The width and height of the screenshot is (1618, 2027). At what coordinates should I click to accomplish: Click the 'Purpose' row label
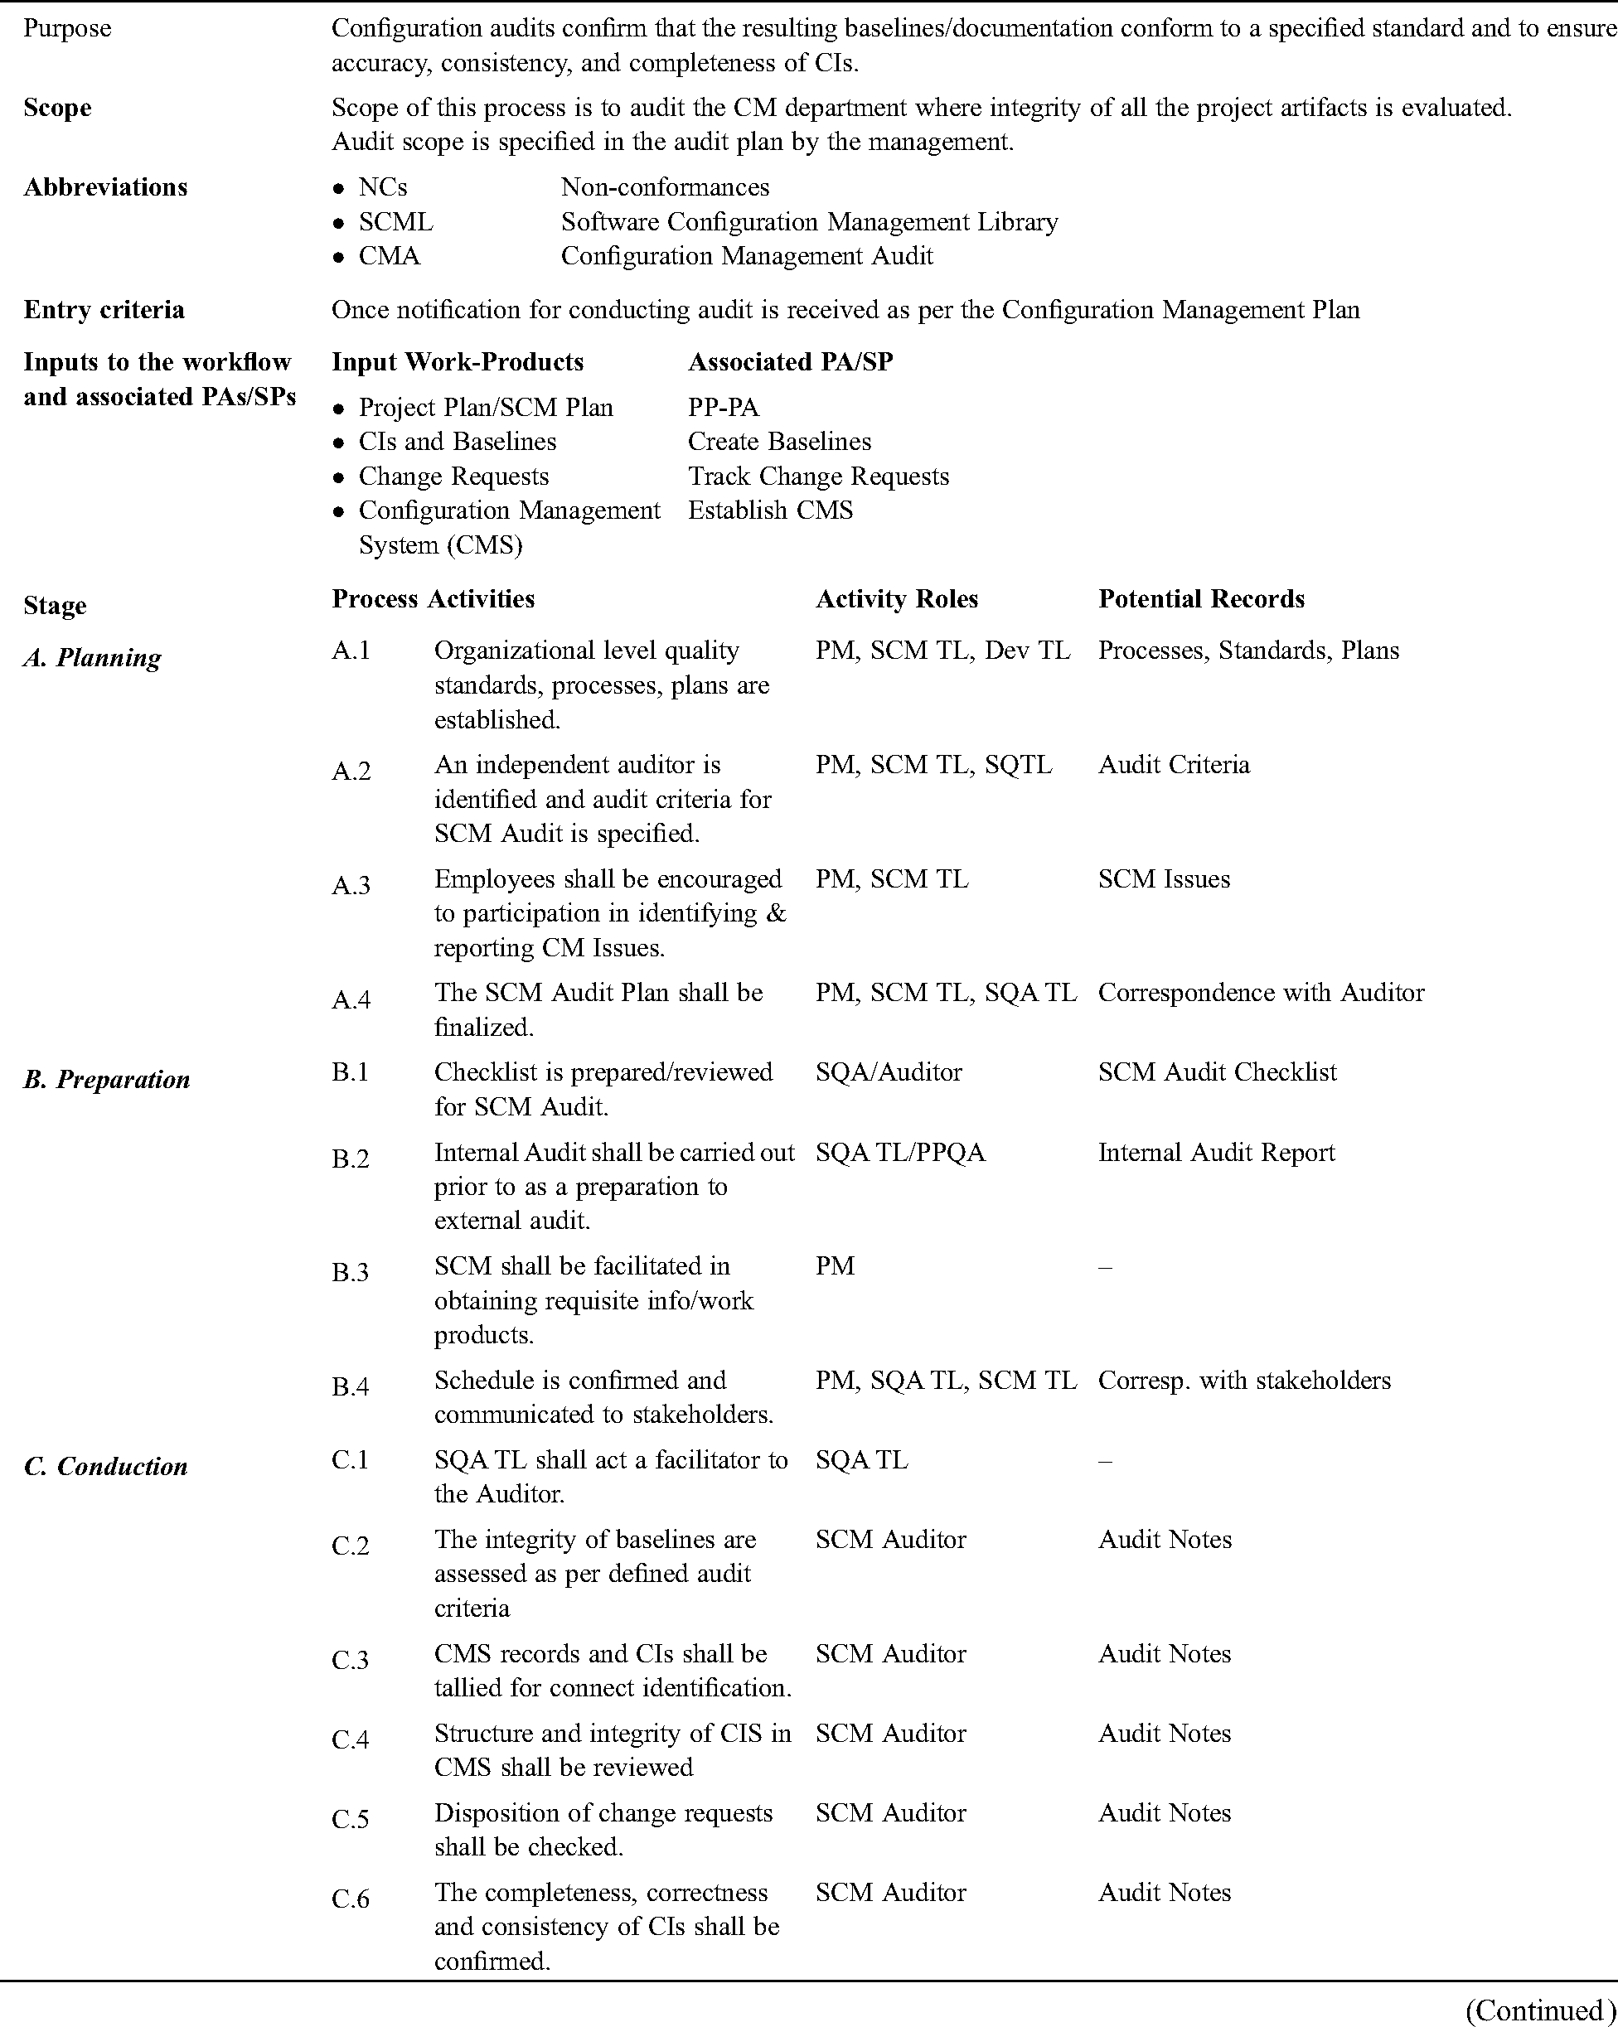point(67,28)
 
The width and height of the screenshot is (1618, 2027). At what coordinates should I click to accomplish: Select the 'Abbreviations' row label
point(105,187)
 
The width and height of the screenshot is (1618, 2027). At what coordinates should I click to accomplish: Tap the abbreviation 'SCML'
point(396,222)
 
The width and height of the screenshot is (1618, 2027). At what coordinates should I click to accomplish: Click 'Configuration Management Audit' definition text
point(747,256)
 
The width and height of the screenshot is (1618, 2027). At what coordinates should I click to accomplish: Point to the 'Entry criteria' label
point(104,309)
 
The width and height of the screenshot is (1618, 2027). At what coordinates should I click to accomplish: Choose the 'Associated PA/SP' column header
point(790,362)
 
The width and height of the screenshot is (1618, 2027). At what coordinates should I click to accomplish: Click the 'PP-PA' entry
point(723,407)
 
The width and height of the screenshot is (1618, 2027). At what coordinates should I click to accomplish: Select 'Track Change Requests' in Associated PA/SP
point(818,476)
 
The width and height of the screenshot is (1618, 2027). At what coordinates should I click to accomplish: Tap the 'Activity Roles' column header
point(896,599)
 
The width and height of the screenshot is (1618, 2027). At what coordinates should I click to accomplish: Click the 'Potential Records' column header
point(1200,599)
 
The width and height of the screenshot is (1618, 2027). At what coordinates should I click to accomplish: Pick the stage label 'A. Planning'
point(92,657)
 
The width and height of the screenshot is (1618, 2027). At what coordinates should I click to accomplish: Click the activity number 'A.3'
point(351,885)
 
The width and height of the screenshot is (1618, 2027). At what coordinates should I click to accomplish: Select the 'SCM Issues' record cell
point(1163,878)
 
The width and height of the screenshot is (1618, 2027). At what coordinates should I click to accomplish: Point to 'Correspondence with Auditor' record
point(1261,992)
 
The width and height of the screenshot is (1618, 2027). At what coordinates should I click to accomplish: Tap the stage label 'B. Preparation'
point(106,1078)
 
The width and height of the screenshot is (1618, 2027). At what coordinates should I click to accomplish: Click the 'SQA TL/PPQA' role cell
point(899,1152)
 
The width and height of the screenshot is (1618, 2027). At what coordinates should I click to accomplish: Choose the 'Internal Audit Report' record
point(1216,1152)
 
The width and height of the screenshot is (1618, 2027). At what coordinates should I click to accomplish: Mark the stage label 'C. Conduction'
point(105,1466)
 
